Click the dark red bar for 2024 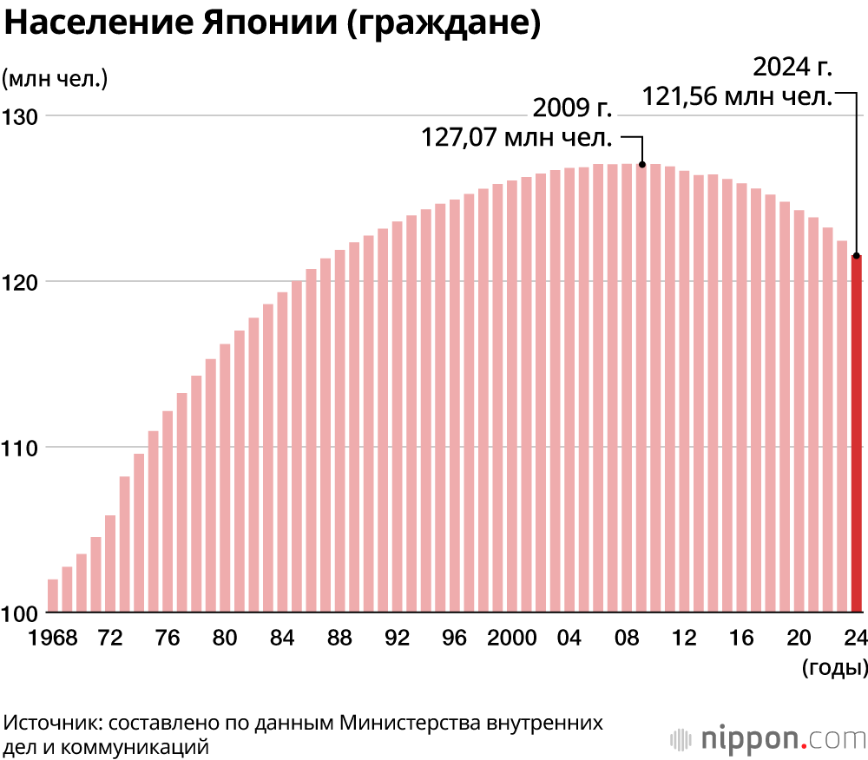[857, 434]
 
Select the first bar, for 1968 [53, 596]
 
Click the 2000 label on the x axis [512, 638]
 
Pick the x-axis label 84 [282, 638]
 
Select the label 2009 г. [572, 108]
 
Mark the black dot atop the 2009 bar [642, 164]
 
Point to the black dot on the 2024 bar [857, 256]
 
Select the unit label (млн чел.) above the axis [55, 78]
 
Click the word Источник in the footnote [53, 723]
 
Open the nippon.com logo [767, 739]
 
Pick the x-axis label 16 [741, 638]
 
